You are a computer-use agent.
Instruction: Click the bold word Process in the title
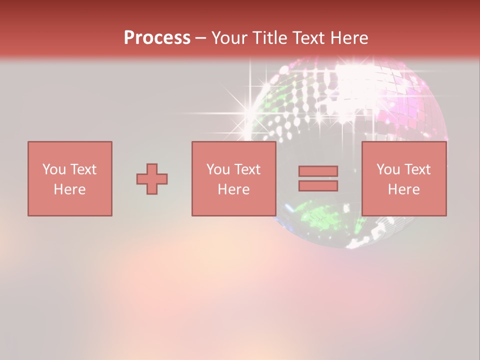pos(157,38)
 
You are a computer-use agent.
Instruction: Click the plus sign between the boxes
pos(152,179)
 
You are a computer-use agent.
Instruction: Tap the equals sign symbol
pos(318,178)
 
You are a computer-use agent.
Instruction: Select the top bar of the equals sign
pos(318,171)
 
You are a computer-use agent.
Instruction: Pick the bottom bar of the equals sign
pos(318,185)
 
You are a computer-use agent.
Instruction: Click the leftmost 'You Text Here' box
pos(69,178)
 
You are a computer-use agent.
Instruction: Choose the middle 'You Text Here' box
pos(233,178)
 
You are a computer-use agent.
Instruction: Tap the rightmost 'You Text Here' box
pos(403,178)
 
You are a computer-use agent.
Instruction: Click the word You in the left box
pos(54,169)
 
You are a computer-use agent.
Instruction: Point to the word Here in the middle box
pos(233,189)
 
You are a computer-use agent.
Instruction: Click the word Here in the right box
pos(403,189)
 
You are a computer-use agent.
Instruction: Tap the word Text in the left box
pos(83,169)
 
